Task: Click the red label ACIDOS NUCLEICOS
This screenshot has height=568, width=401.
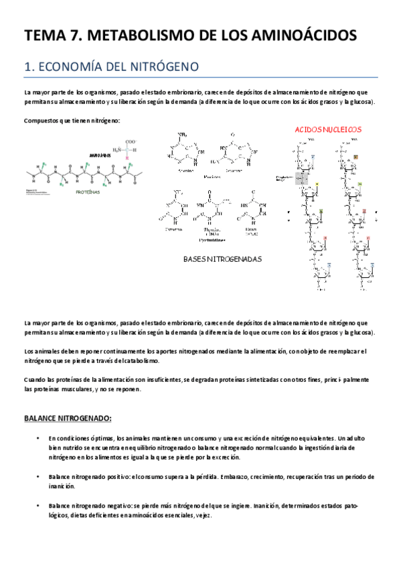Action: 328,129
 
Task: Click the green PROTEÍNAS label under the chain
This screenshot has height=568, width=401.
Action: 87,192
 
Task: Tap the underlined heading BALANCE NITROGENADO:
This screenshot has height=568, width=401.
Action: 67,419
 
